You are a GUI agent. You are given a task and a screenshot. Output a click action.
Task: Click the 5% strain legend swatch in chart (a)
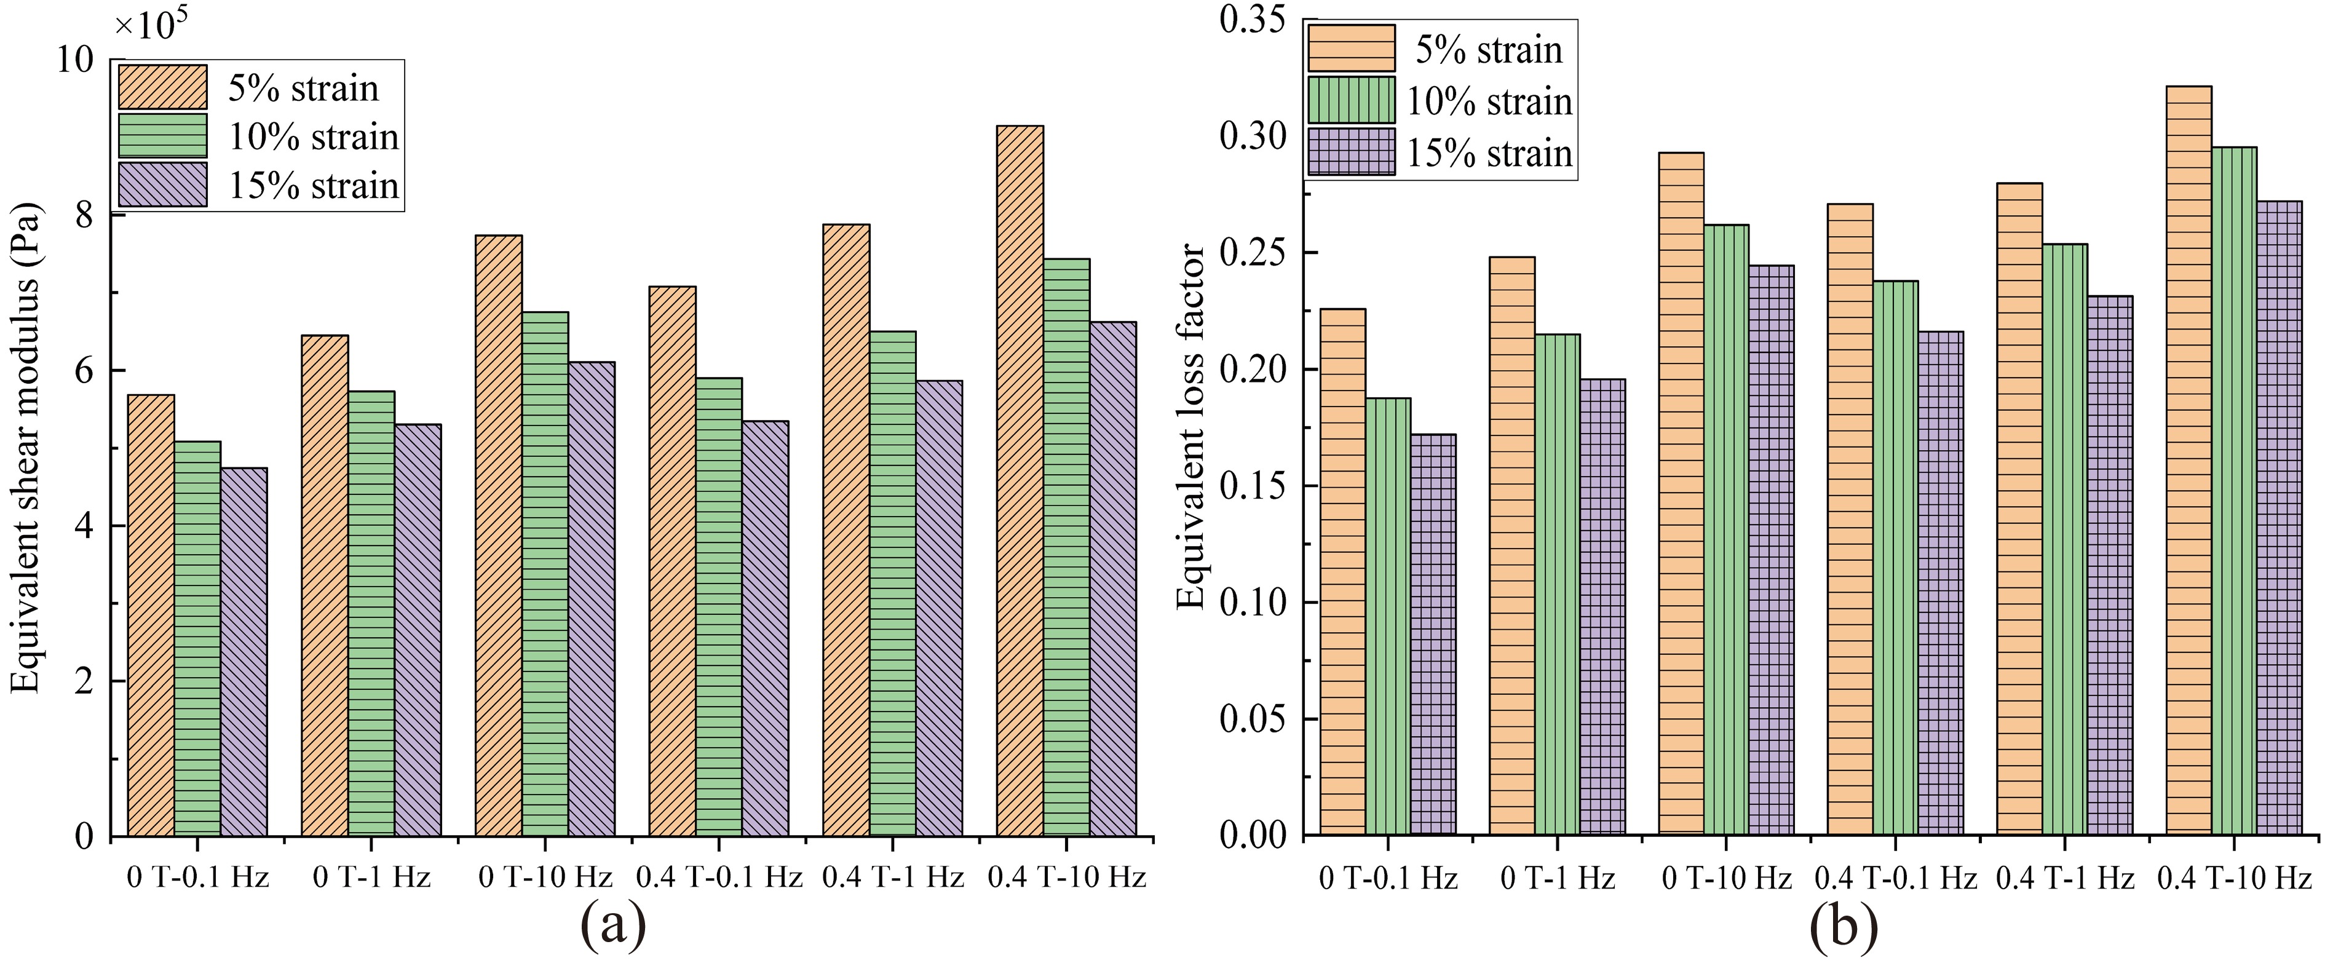pyautogui.click(x=162, y=87)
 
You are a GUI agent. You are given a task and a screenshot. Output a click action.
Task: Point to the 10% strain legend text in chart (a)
pyautogui.click(x=313, y=137)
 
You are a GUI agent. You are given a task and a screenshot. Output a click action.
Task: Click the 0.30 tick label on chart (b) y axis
pyautogui.click(x=1254, y=137)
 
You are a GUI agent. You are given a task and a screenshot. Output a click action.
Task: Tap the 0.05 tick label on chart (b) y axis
pyautogui.click(x=1254, y=719)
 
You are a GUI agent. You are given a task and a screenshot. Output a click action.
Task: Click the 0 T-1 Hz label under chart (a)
pyautogui.click(x=372, y=876)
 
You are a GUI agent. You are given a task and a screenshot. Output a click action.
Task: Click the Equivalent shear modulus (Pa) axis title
pyautogui.click(x=27, y=448)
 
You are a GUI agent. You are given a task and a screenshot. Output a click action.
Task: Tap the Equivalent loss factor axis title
pyautogui.click(x=1191, y=426)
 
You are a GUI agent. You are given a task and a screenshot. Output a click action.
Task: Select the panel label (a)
pyautogui.click(x=613, y=927)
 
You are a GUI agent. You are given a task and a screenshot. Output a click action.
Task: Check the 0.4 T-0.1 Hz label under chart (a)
pyautogui.click(x=719, y=876)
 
